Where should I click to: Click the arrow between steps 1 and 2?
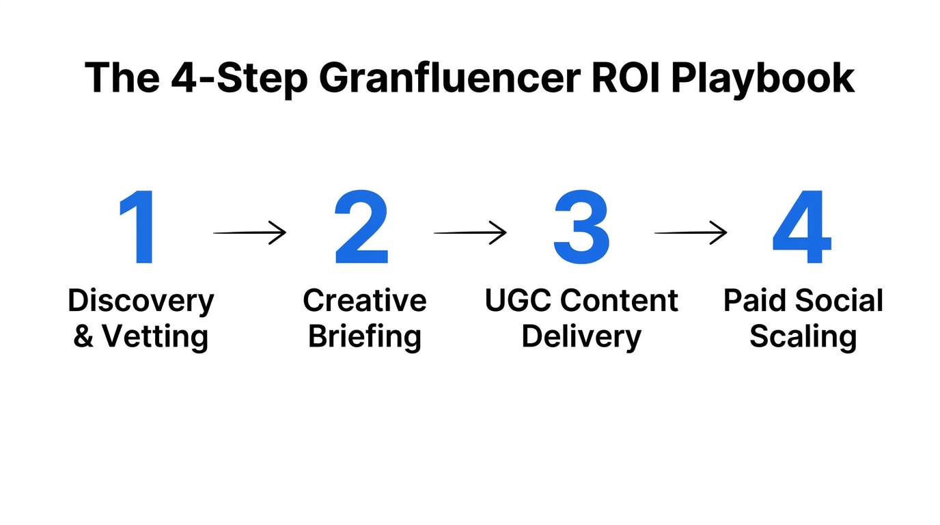coord(250,233)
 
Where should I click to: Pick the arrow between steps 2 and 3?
coord(470,233)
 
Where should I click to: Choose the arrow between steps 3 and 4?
coord(691,233)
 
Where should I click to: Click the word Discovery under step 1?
coord(141,301)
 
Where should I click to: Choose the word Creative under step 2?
coord(365,301)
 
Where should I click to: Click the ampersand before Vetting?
coord(83,337)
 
